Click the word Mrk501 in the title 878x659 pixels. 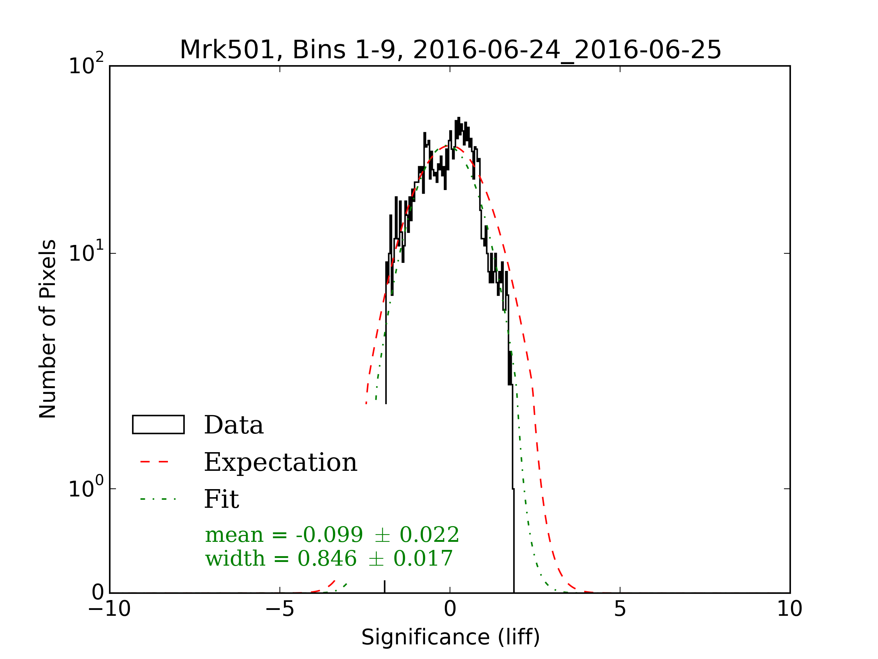[227, 51]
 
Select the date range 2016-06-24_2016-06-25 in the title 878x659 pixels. [566, 51]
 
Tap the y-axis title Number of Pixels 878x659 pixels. [48, 329]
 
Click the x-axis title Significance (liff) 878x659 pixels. [450, 637]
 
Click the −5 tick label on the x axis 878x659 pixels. [280, 608]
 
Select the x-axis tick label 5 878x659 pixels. [620, 608]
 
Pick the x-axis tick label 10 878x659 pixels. [789, 608]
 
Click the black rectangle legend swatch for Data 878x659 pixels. [158, 425]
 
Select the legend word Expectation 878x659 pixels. [281, 462]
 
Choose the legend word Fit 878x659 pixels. [221, 499]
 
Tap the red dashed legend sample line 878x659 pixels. [155, 462]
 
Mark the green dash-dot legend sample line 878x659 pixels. [158, 499]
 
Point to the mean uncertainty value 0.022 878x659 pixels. [429, 535]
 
